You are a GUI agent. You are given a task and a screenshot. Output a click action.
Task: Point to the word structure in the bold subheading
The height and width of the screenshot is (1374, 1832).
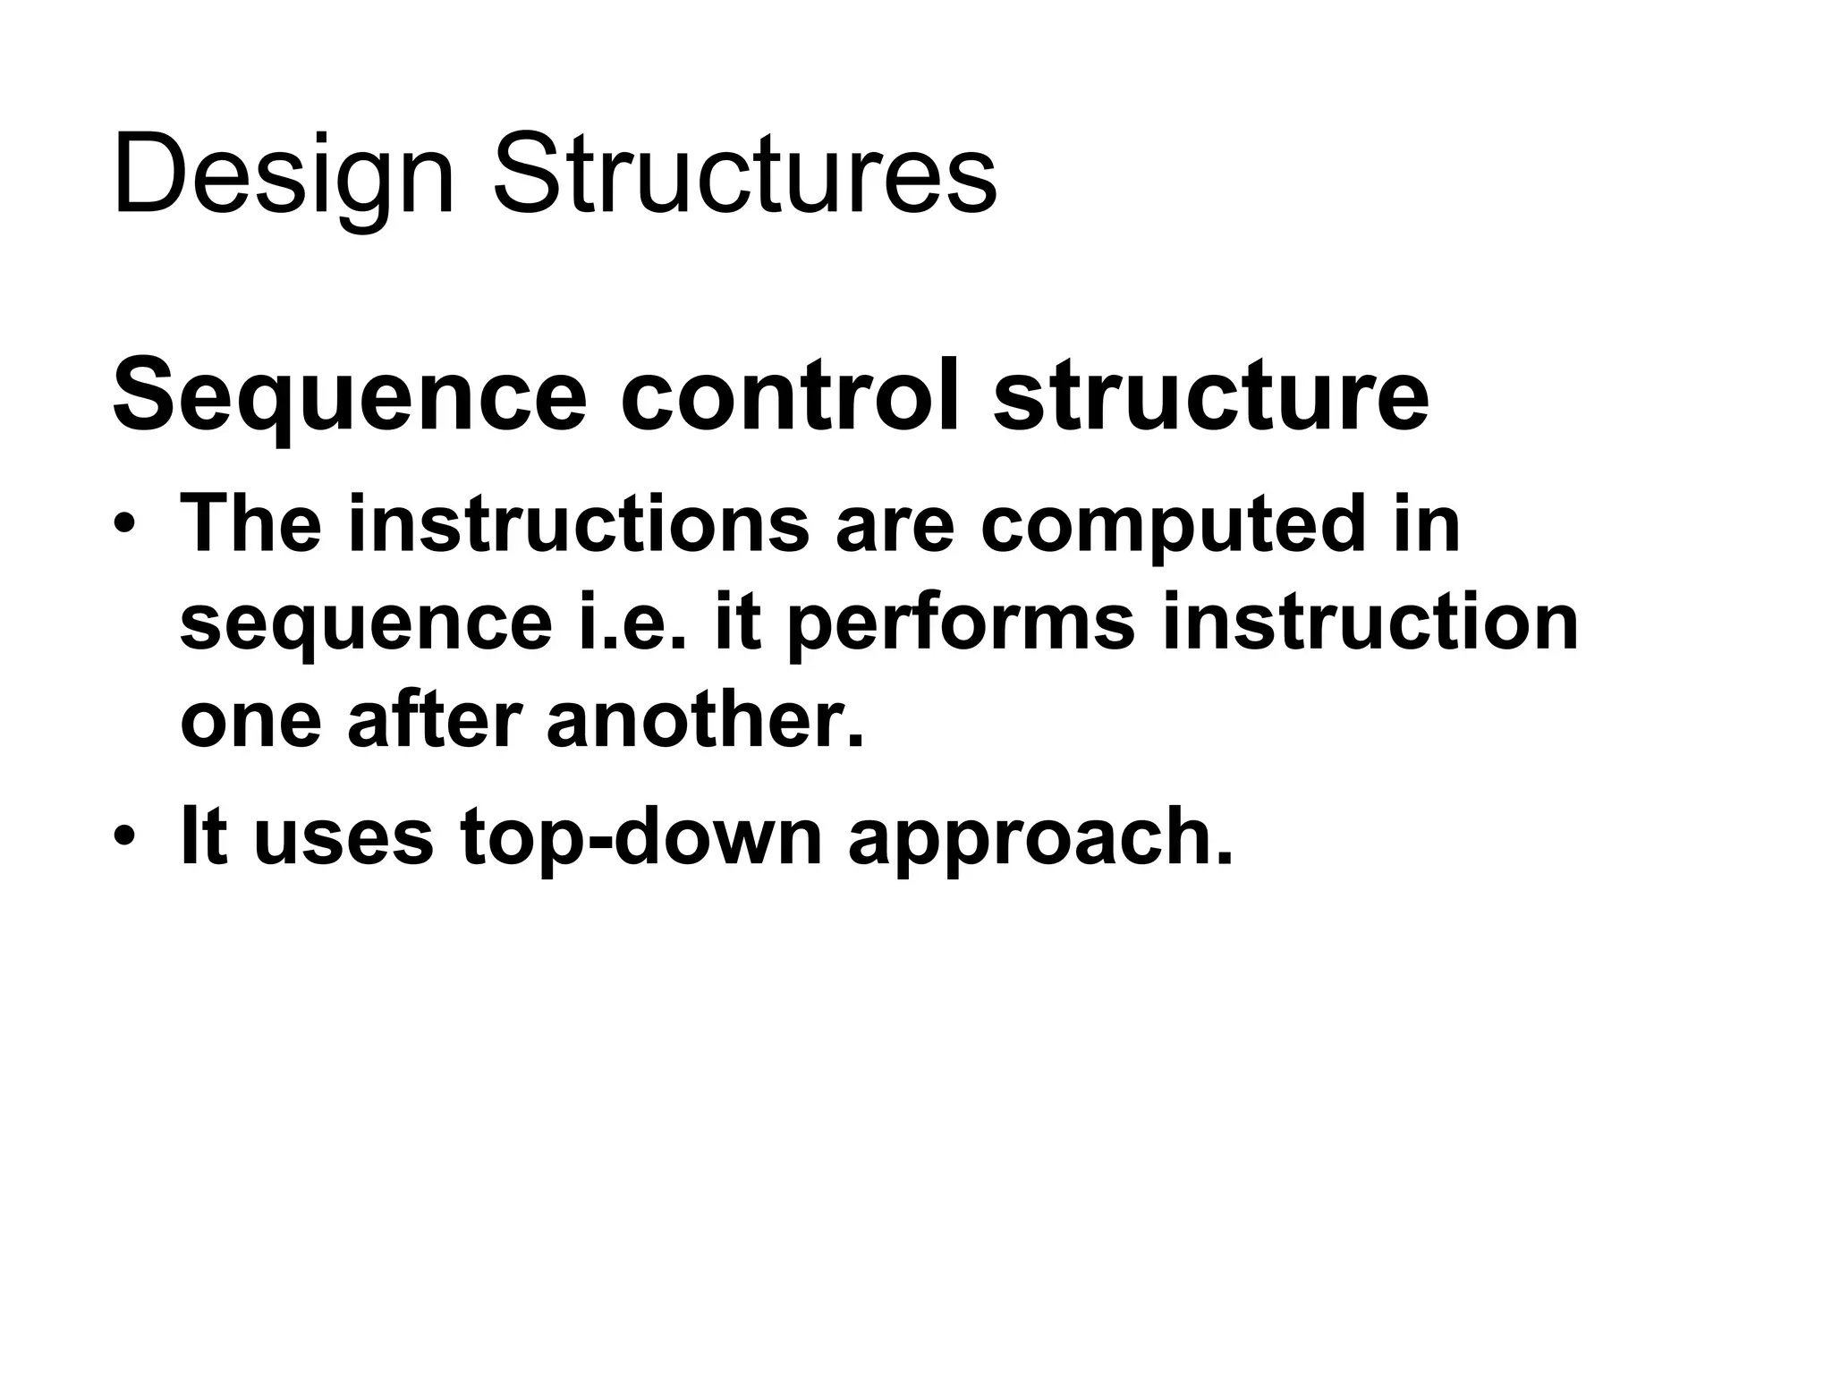(x=1211, y=394)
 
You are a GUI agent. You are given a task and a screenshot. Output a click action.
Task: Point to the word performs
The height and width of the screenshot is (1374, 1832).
(x=962, y=624)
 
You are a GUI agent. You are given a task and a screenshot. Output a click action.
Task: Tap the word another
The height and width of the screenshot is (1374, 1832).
(x=706, y=720)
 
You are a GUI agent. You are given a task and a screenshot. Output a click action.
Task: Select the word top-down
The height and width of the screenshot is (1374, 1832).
(x=640, y=839)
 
